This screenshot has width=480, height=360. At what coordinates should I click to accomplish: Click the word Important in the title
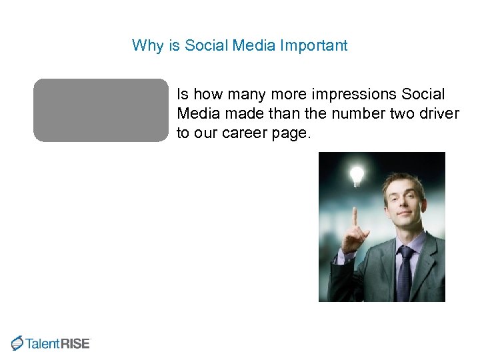(314, 45)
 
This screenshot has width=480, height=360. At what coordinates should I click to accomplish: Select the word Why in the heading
(143, 45)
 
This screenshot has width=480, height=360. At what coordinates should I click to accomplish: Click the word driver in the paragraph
(439, 114)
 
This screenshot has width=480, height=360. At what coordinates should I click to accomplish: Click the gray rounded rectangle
(101, 110)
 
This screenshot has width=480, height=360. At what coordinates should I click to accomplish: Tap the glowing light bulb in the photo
(357, 175)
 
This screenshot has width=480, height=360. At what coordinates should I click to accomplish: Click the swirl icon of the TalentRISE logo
(17, 343)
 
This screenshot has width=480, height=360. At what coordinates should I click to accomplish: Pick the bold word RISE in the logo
(75, 344)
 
